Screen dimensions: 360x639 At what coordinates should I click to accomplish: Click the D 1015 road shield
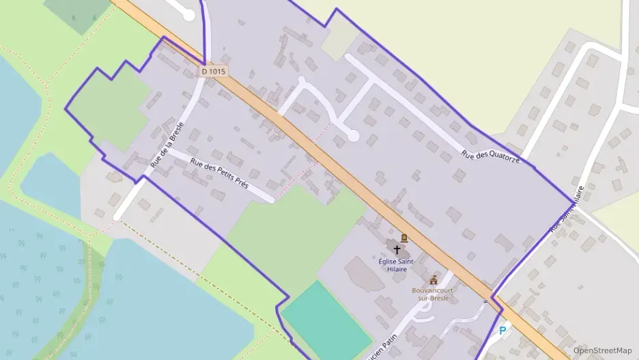coord(214,71)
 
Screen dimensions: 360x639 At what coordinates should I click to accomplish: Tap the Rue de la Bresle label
coord(167,146)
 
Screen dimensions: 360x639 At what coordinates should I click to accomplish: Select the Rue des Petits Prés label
coord(220,174)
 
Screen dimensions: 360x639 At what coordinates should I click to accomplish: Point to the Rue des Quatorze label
coord(490,157)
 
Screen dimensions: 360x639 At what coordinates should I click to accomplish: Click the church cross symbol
coord(397,250)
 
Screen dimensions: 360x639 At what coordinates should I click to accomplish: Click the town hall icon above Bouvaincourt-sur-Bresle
coord(433,280)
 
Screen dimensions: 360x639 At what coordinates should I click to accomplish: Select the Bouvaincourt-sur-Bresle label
coord(433,294)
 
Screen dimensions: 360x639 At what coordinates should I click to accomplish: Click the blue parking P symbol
coord(503,331)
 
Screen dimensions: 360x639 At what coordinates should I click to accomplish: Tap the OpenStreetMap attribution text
coord(603,350)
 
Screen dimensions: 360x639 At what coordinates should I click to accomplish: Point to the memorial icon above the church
coord(404,238)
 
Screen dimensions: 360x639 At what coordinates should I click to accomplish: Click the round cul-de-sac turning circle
coord(352,136)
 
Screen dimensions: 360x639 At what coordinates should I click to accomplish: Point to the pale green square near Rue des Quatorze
coord(339,44)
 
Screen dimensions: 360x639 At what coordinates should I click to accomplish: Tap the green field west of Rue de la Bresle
coord(109,109)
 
